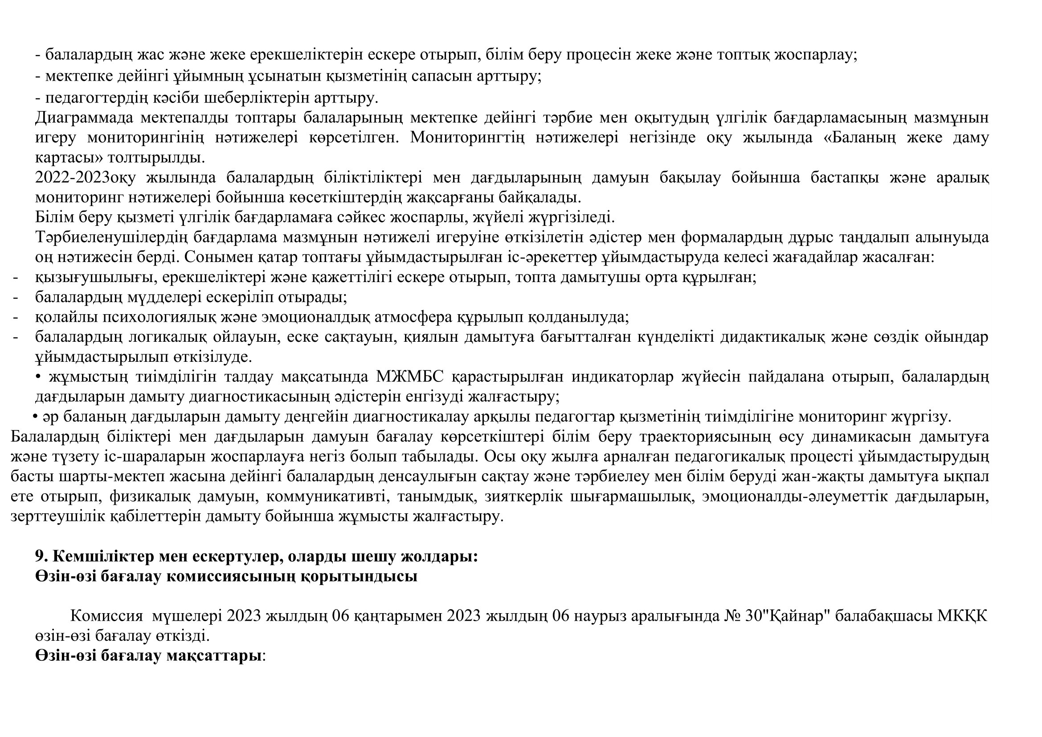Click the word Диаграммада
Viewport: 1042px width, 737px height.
[84, 118]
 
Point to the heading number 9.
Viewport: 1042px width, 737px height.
[41, 557]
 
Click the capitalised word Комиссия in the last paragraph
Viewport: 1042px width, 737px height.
[106, 616]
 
